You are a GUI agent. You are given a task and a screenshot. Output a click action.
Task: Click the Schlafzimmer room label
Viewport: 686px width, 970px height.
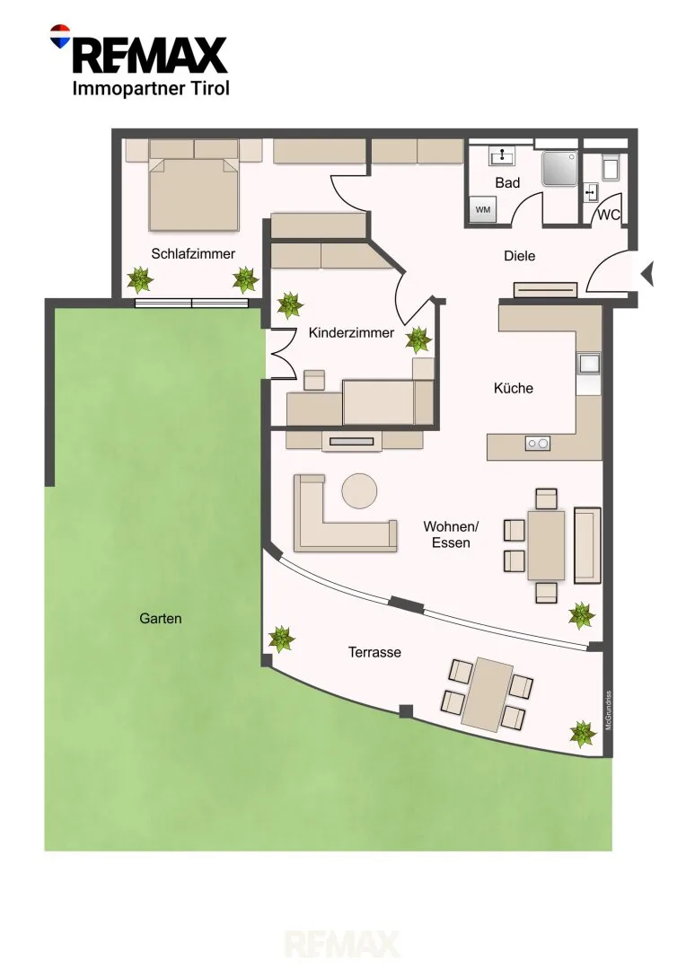coord(193,253)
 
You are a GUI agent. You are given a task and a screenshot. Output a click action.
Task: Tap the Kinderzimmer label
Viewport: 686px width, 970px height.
coord(351,332)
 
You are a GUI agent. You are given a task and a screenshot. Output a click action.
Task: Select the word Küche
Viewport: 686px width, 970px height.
coord(513,388)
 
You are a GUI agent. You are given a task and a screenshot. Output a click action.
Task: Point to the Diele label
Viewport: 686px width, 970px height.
coord(520,255)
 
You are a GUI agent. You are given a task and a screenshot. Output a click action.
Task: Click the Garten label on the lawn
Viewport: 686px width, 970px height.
coord(160,618)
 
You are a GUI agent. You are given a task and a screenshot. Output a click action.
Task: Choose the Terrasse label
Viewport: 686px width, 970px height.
coord(374,652)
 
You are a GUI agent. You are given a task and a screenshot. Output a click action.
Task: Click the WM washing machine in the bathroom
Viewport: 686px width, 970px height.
coord(482,209)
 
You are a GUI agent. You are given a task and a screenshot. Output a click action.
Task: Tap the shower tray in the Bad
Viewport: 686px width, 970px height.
coord(559,168)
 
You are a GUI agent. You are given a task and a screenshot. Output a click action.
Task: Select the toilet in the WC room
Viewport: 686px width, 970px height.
coord(610,168)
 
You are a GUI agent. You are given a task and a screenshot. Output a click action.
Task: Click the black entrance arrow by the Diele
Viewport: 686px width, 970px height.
coord(647,273)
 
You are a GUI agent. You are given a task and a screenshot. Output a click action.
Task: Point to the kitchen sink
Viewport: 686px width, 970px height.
coord(589,364)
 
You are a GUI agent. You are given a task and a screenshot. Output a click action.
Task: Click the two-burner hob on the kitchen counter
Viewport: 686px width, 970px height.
coord(537,443)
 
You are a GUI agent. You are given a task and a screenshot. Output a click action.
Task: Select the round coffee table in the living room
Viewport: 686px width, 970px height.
coord(359,491)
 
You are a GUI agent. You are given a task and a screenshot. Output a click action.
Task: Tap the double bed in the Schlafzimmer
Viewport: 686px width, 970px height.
coord(194,193)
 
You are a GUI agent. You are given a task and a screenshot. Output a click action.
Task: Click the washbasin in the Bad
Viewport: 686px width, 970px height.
coord(502,156)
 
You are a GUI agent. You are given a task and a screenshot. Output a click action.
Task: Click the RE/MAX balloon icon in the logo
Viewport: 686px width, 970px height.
coord(60,36)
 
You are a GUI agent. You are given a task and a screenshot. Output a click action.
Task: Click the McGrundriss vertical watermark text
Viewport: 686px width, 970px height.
coord(608,710)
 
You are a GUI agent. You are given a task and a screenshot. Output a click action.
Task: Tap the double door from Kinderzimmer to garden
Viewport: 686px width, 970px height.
coord(280,353)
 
